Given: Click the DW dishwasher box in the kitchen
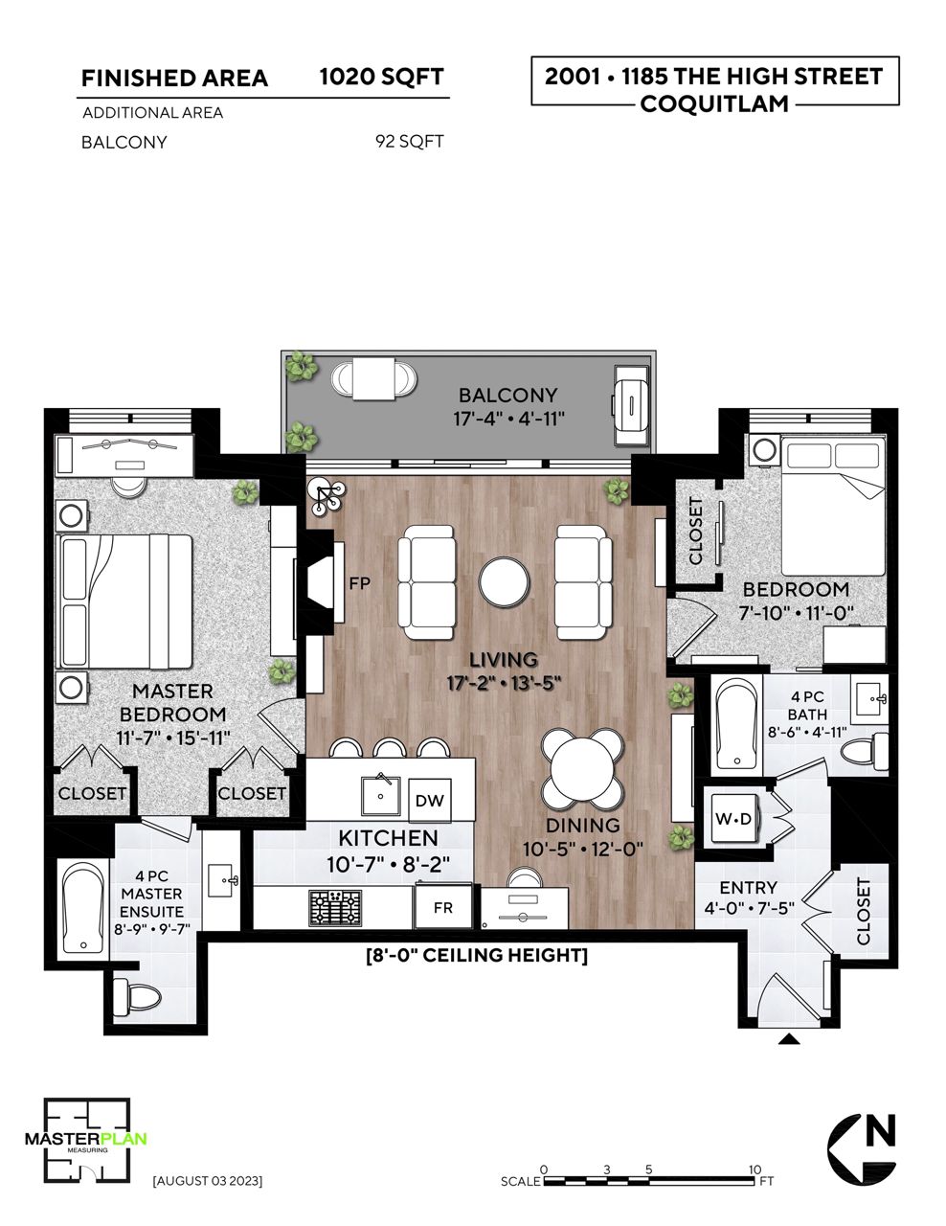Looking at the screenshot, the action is pos(430,801).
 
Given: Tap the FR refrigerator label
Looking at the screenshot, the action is pos(443,908).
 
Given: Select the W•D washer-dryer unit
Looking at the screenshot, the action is pos(732,819).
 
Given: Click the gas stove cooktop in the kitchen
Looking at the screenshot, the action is pos(335,908).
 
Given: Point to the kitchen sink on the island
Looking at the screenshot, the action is pos(381,796).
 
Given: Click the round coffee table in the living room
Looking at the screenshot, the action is pos(504,582).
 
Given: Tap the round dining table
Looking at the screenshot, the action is pos(583,768).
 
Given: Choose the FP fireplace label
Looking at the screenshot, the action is pos(359,583).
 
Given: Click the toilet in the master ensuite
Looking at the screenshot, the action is pos(138,998).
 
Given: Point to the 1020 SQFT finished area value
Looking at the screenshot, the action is pos(382,78).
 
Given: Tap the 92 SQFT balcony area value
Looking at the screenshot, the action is pos(410,141).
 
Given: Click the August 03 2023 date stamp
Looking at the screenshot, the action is pos(208,1181).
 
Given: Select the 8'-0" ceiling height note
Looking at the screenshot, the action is pos(477,955).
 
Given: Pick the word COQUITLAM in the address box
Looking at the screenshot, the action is pos(714,103).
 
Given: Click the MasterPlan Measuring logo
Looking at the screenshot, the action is pos(85,1139).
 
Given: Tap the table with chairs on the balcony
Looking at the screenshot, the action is pos(373,379).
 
